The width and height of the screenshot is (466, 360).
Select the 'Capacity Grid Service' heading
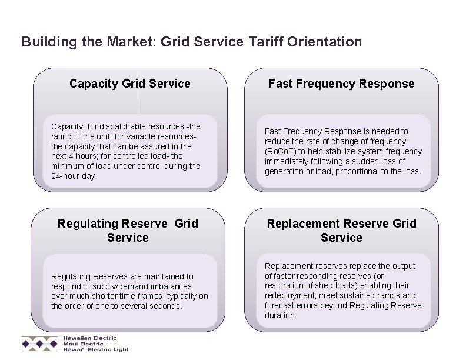129,84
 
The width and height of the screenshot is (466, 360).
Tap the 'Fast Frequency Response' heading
341,84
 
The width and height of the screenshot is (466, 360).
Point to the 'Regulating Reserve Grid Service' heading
128,231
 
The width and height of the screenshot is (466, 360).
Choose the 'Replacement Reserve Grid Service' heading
341,231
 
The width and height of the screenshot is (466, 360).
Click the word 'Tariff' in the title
267,42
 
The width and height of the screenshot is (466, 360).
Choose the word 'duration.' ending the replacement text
281,315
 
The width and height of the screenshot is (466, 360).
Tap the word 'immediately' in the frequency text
286,161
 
